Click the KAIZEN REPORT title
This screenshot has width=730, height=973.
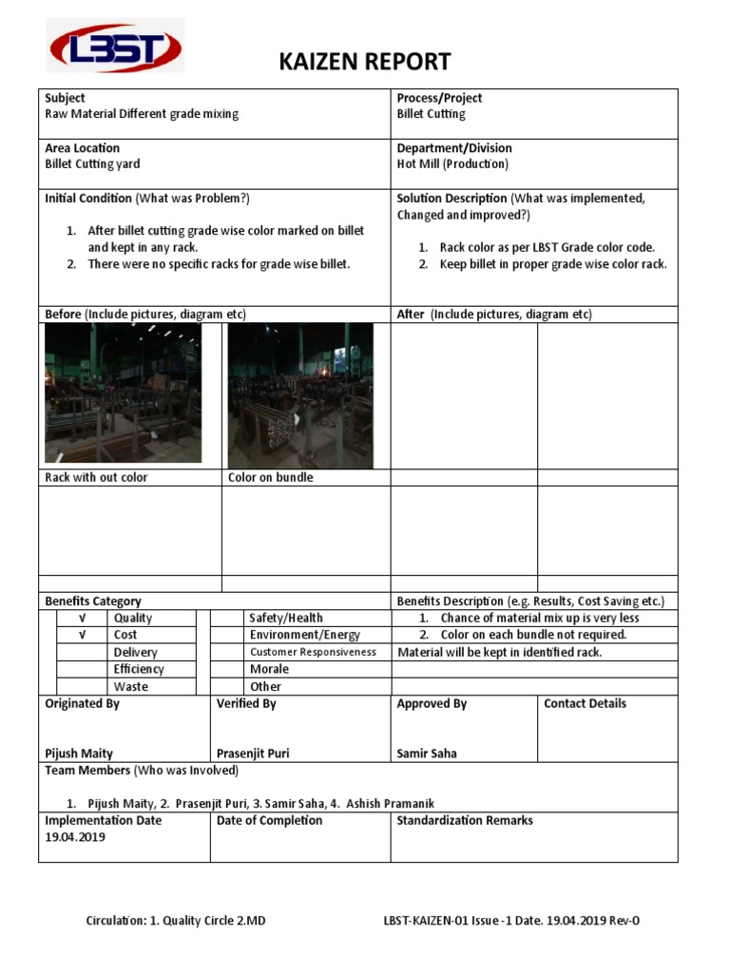click(x=364, y=63)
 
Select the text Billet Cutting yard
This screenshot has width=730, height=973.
click(x=92, y=164)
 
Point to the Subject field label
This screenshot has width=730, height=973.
click(x=65, y=98)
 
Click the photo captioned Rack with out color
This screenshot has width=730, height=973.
click(x=123, y=393)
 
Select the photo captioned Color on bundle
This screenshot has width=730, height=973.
click(x=300, y=396)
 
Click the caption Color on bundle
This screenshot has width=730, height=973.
click(x=270, y=478)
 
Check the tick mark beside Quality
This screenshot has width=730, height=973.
click(x=82, y=619)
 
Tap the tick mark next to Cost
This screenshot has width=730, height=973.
click(x=82, y=635)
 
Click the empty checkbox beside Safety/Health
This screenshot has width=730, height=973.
click(x=226, y=619)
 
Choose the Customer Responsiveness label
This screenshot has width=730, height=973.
click(x=313, y=653)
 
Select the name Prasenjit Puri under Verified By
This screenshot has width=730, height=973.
click(x=253, y=754)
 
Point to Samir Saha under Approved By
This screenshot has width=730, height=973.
click(x=426, y=754)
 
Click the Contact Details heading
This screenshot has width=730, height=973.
click(x=585, y=704)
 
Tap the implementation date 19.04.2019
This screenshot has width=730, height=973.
click(x=75, y=837)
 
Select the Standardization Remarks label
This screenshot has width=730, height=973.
click(x=464, y=821)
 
